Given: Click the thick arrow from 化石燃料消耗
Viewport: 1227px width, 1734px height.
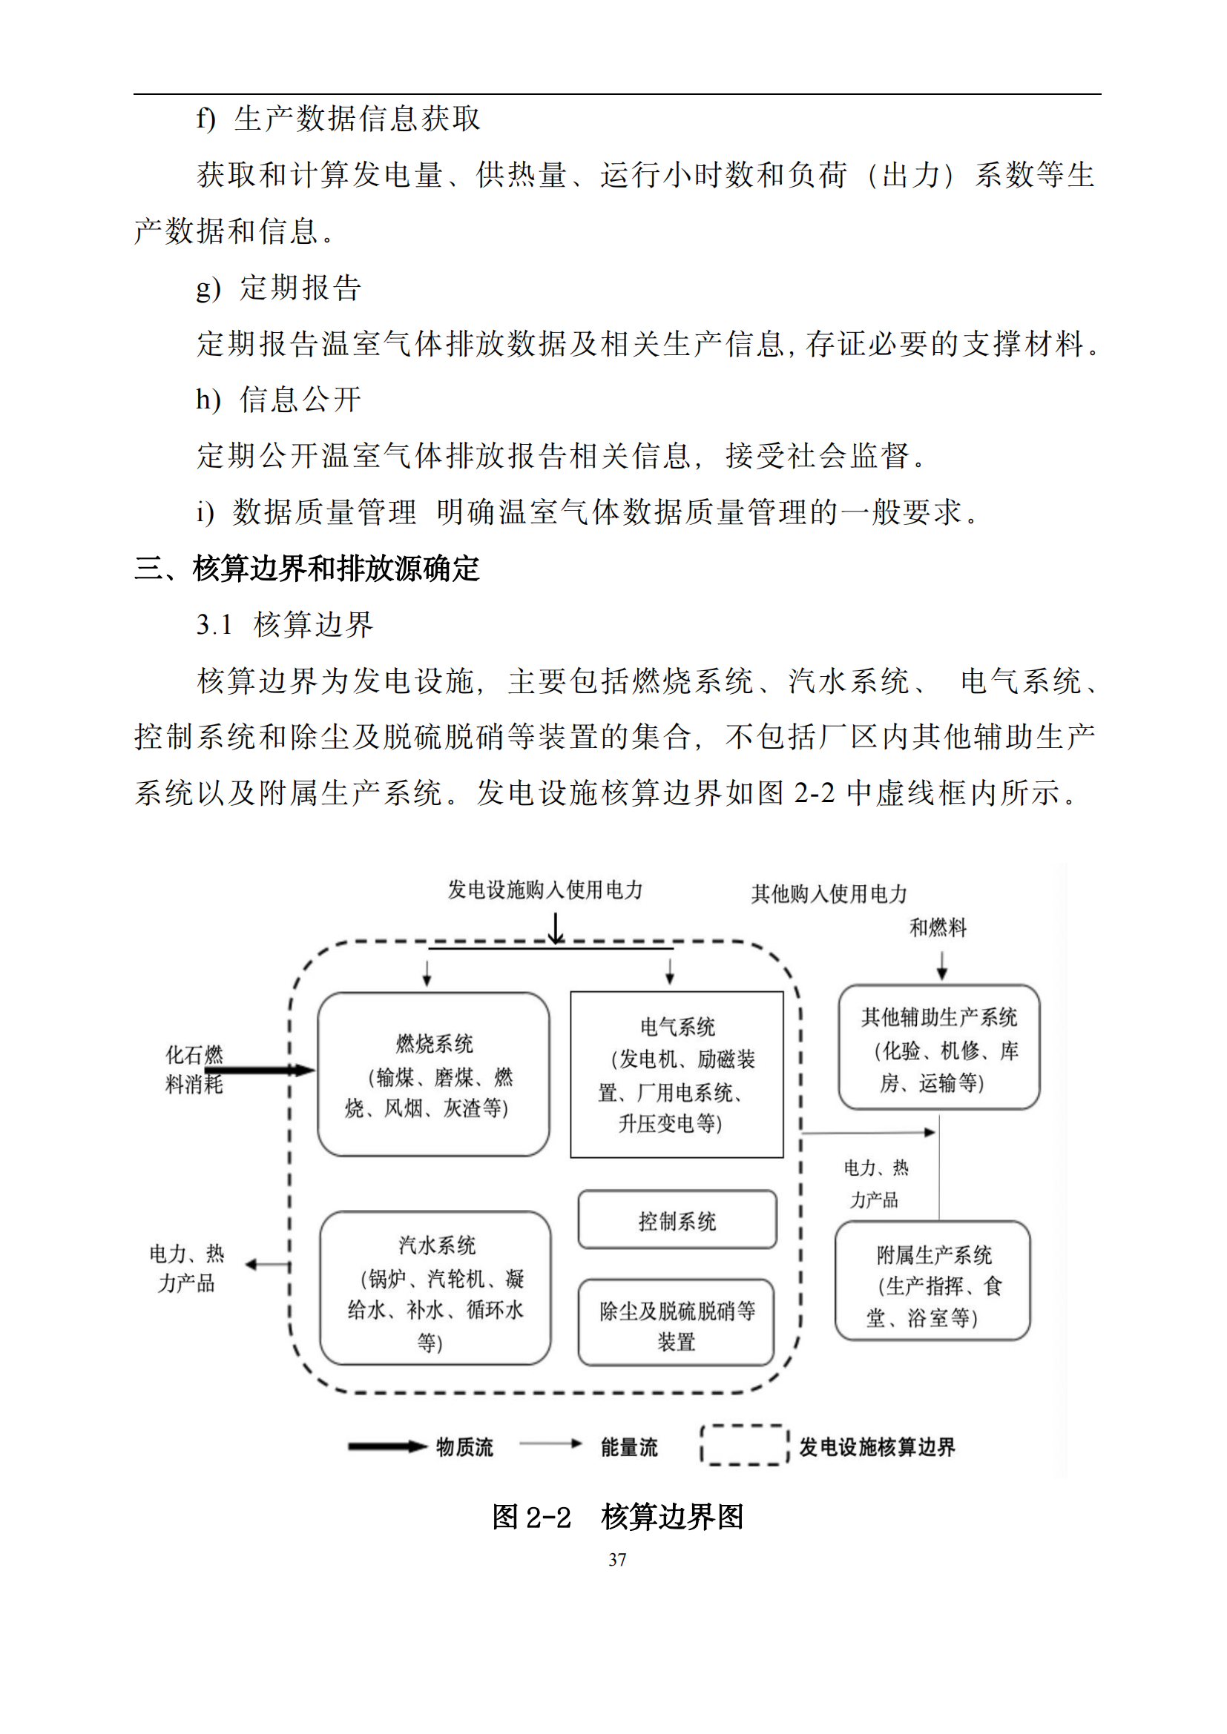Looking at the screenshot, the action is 260,1070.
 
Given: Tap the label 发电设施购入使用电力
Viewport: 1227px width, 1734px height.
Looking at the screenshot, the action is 545,890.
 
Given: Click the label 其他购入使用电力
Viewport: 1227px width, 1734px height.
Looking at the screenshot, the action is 829,893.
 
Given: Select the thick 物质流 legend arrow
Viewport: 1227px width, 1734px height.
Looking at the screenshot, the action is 387,1447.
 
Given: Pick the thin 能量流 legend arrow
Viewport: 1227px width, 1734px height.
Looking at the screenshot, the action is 550,1444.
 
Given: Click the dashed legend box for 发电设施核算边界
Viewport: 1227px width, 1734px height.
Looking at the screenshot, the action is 745,1426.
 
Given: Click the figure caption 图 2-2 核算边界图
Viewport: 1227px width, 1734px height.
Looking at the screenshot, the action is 617,1517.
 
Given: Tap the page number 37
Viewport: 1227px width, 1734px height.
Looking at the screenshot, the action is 617,1560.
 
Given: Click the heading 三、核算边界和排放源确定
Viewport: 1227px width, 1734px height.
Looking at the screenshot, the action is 307,569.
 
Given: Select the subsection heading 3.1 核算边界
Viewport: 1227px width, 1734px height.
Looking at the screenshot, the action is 285,624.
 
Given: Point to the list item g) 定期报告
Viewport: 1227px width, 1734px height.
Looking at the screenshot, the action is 279,288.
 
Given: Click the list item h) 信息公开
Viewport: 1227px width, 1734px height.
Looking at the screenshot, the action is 279,400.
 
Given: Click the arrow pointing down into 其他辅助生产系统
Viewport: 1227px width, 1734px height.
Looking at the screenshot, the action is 941,966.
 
